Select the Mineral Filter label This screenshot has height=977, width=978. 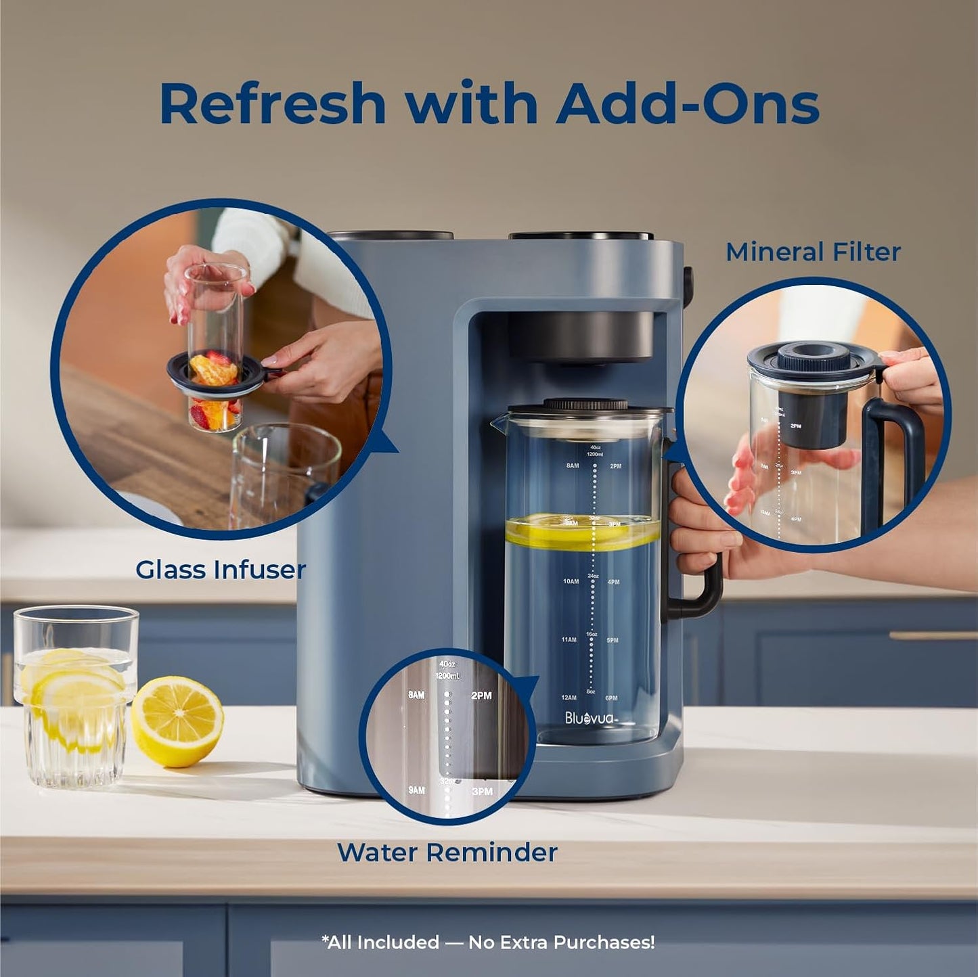click(x=813, y=252)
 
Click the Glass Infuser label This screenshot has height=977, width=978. click(x=221, y=570)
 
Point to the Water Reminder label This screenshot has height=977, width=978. click(x=447, y=852)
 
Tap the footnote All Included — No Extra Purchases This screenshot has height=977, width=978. click(x=488, y=942)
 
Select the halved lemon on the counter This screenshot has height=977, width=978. click(x=177, y=721)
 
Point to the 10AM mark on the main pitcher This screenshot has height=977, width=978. click(x=570, y=581)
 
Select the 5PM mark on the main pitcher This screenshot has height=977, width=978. click(x=613, y=640)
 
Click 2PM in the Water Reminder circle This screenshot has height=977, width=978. click(x=481, y=696)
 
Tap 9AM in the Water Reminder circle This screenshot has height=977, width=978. click(x=416, y=790)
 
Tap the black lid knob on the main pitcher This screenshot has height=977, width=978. click(x=586, y=405)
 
